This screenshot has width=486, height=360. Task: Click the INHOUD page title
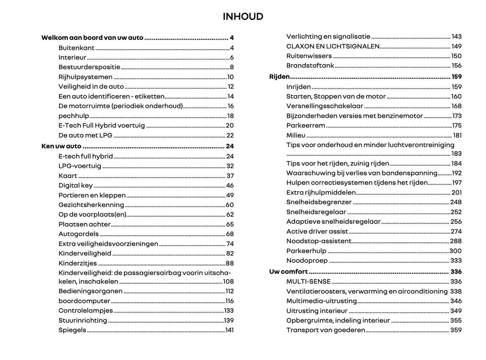tap(243, 16)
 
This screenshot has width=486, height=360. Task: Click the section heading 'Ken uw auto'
tap(61, 146)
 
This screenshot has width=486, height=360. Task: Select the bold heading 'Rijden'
tap(279, 77)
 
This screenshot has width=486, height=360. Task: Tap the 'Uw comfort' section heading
tap(288, 272)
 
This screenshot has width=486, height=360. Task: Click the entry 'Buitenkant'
tap(76, 48)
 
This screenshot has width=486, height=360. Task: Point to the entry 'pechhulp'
tap(74, 116)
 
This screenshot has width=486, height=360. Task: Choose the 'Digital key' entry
tap(75, 185)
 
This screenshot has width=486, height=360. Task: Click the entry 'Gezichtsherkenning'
tap(91, 205)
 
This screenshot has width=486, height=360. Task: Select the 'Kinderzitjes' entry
tap(77, 263)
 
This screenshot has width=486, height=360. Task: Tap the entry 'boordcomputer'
tap(84, 301)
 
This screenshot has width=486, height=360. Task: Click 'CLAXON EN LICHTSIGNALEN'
tap(333, 46)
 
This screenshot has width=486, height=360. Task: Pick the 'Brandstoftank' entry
tap(310, 66)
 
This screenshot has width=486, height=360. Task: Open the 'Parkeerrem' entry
tap(305, 125)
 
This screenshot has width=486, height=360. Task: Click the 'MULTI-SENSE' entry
tap(308, 282)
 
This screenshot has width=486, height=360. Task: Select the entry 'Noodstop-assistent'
tap(319, 241)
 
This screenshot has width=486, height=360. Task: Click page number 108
tap(228, 282)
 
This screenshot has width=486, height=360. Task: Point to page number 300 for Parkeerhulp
tap(455, 251)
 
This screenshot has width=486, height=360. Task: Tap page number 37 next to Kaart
tap(230, 176)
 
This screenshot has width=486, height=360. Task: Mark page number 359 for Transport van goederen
tap(456, 330)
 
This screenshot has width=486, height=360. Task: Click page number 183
tap(456, 154)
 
